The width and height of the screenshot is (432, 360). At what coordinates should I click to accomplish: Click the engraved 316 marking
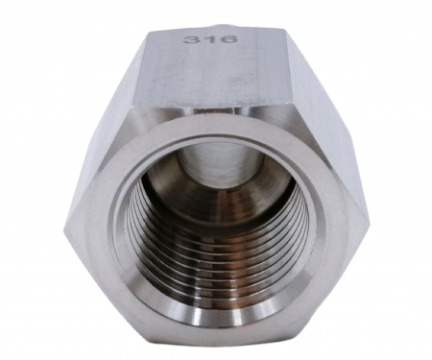(x=211, y=39)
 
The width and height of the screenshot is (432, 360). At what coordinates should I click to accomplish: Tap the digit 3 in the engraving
(x=191, y=39)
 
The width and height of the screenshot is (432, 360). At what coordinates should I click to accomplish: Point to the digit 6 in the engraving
(x=229, y=39)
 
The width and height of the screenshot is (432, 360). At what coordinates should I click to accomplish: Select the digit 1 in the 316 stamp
(x=211, y=39)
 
